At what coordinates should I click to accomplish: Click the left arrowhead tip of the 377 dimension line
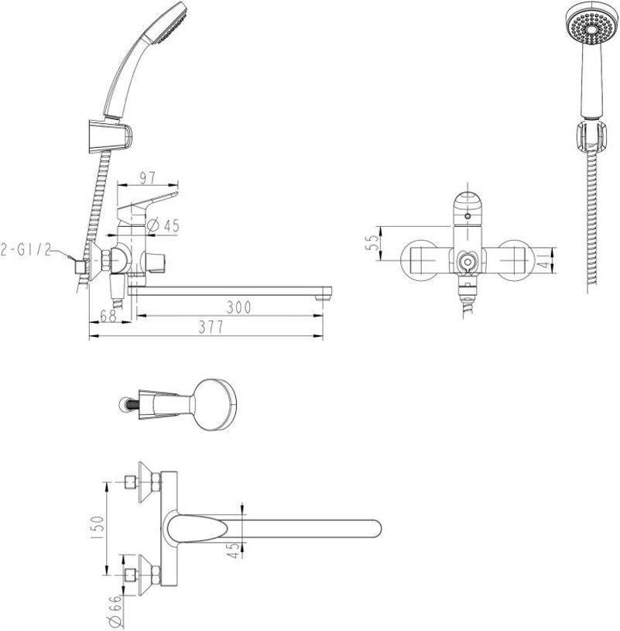point(89,335)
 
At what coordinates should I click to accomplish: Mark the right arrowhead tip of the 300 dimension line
point(323,316)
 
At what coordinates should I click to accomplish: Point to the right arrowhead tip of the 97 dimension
point(178,185)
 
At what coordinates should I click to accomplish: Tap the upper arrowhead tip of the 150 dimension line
point(107,482)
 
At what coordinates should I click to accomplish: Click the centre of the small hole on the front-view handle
point(467,216)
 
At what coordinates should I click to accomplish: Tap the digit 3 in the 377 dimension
point(202,328)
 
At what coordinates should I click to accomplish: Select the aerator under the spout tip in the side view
point(322,298)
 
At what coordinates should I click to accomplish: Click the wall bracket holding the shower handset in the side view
point(109,135)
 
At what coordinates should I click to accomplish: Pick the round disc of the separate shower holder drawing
point(214,404)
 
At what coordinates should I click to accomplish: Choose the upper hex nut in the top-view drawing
point(156,482)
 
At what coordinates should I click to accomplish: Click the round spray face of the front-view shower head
point(591,27)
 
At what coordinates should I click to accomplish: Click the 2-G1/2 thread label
point(26,250)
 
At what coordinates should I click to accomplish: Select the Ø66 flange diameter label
point(115,612)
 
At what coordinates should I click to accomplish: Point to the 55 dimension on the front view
point(372,243)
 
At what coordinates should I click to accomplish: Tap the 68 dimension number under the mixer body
point(108,316)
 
